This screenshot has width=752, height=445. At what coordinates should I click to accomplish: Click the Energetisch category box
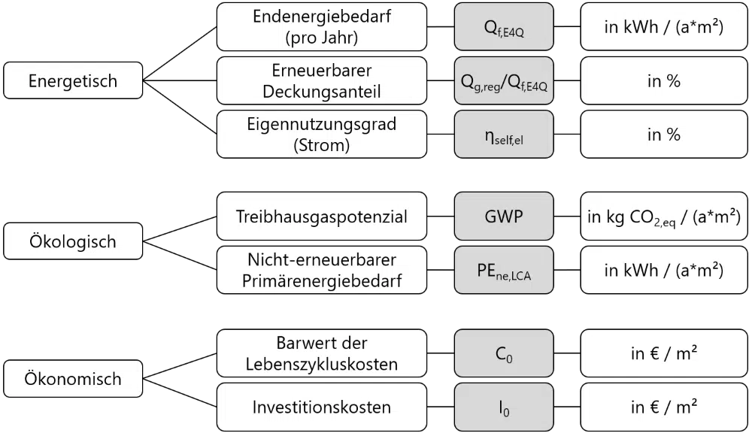(x=73, y=80)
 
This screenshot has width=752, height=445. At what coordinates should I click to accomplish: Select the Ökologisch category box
(x=73, y=241)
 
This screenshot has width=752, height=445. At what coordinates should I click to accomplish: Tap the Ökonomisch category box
(x=73, y=379)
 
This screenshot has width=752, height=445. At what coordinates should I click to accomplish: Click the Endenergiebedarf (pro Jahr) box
(x=322, y=27)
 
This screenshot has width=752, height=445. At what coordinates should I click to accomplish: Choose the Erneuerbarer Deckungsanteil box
(x=322, y=80)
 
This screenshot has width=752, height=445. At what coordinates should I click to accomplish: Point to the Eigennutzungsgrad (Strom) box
(x=322, y=135)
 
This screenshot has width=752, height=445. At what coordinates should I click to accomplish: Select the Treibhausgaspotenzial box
(x=322, y=216)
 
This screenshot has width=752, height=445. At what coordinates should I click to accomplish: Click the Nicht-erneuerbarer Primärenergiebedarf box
(x=322, y=270)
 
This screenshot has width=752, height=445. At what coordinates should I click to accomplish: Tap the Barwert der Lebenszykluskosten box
(x=322, y=353)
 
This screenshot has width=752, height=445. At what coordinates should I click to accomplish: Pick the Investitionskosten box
(x=322, y=407)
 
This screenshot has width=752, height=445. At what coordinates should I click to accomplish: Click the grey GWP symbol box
(x=504, y=216)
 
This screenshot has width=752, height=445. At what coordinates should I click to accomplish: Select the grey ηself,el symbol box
(x=504, y=135)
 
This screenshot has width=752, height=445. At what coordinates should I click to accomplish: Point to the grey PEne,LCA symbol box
(x=504, y=270)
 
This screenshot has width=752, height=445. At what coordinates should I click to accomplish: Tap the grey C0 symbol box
(x=504, y=353)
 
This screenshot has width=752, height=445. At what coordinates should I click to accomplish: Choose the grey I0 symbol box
(x=504, y=407)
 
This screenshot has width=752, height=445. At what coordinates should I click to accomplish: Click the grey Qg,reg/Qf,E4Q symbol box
(x=504, y=80)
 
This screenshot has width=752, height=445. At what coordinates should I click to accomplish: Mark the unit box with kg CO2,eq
(x=664, y=216)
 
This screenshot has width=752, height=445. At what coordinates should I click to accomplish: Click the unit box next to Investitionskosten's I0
(x=664, y=407)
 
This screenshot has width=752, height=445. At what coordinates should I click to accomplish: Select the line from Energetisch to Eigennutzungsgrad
(x=180, y=107)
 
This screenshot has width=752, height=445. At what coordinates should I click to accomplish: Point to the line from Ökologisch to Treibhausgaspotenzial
(x=180, y=229)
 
